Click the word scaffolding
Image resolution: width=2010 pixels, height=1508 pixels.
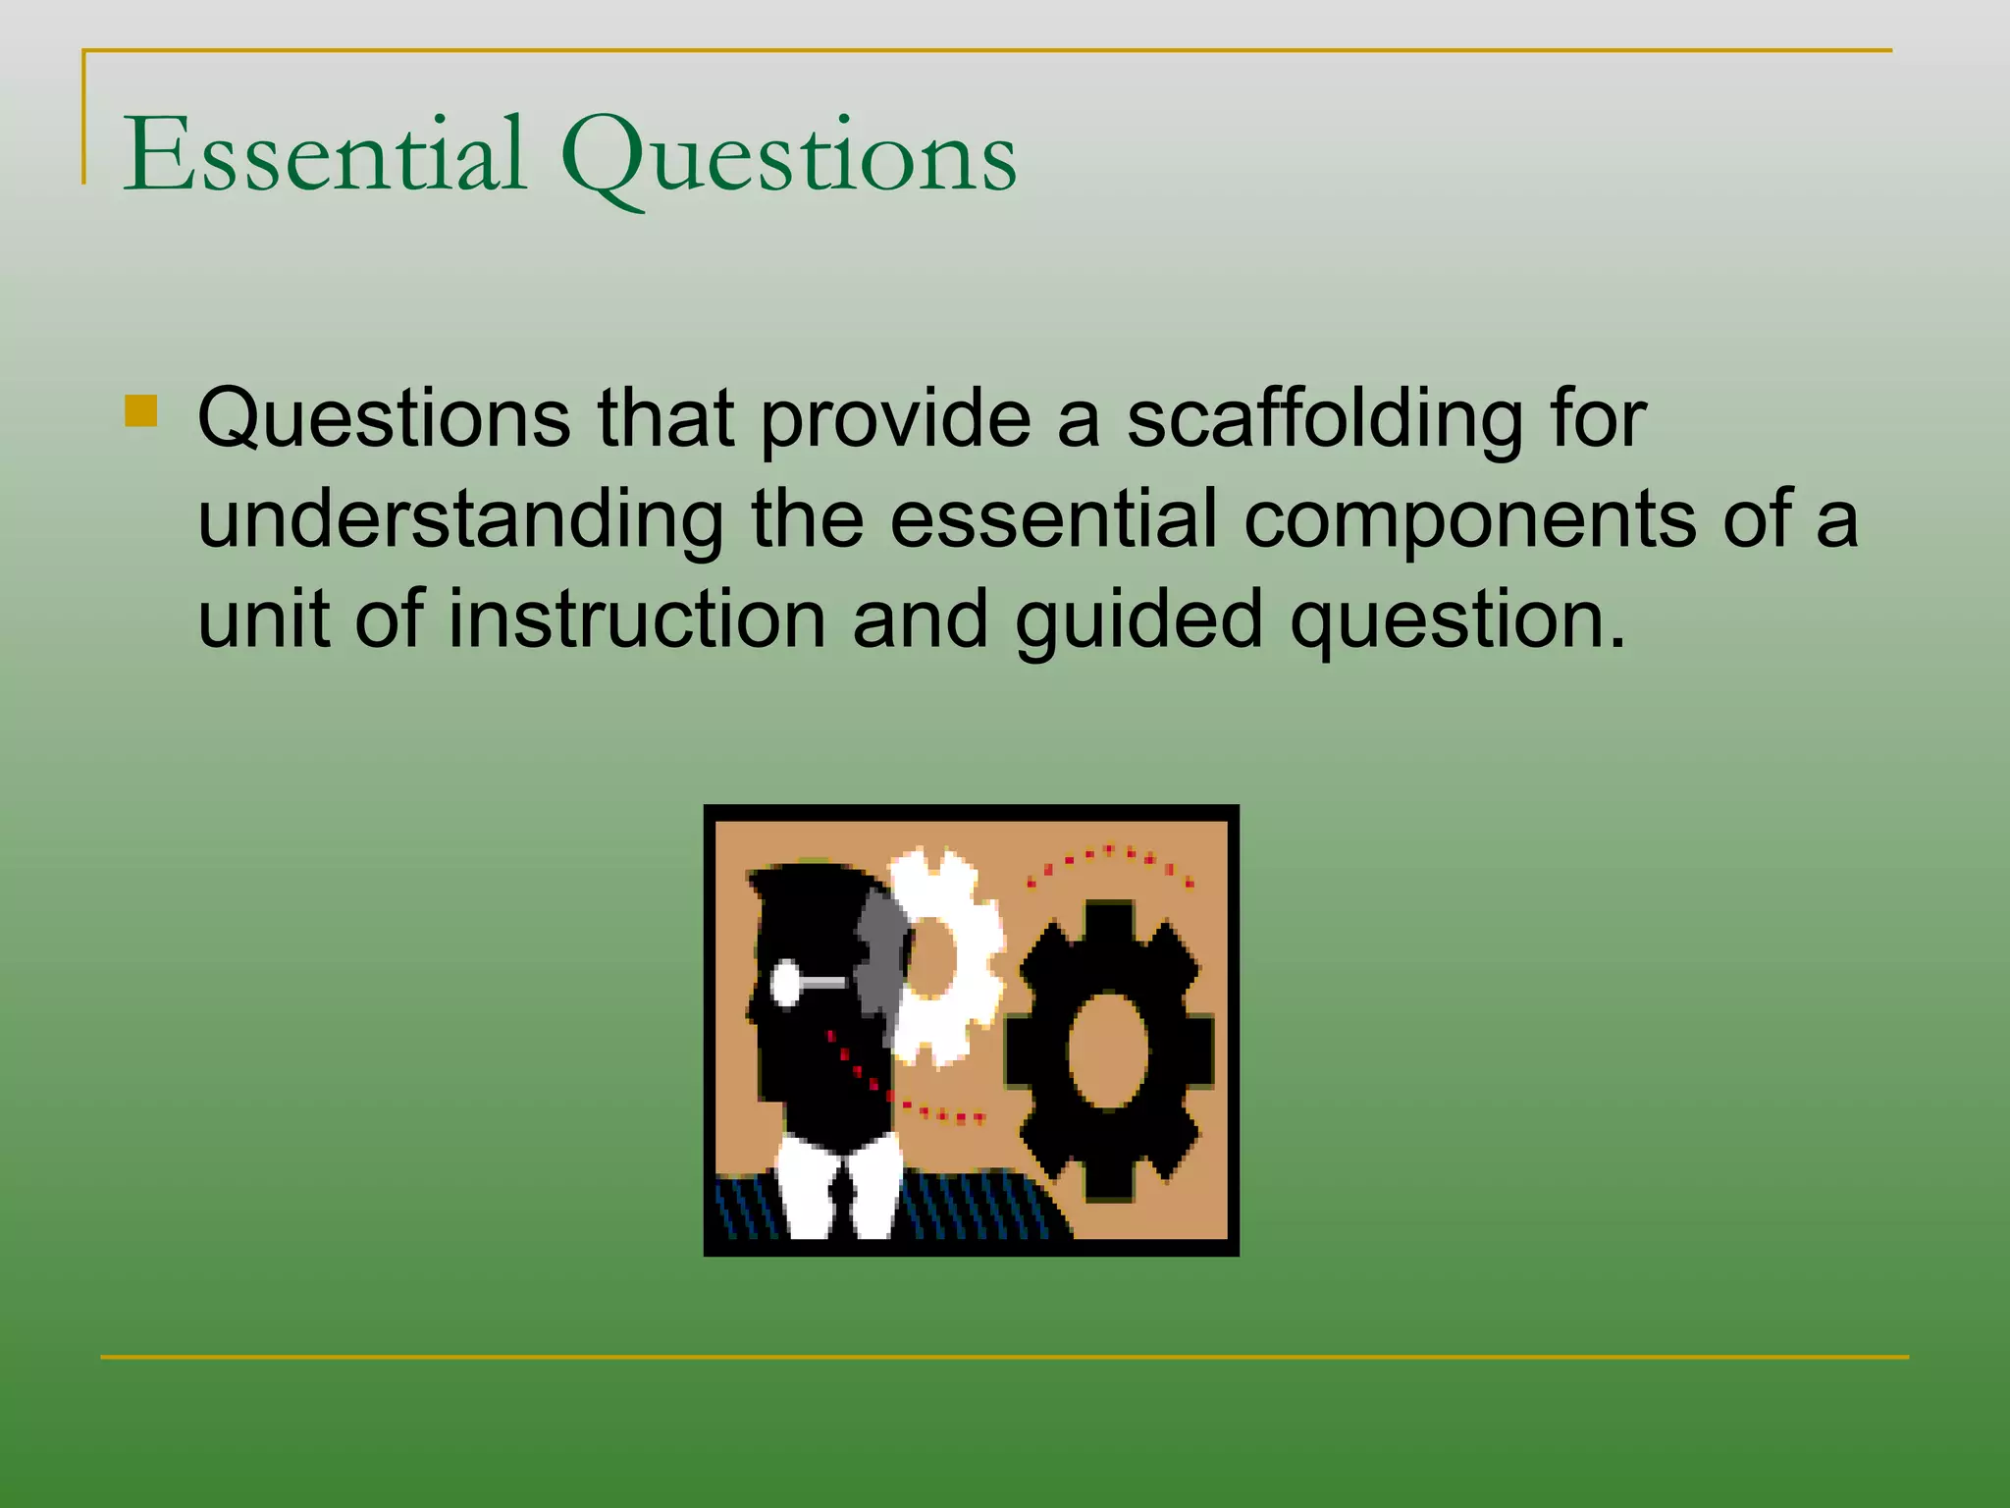[x=1326, y=419]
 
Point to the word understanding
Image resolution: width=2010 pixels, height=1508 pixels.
[x=461, y=521]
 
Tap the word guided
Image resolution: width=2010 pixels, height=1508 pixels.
[x=1138, y=620]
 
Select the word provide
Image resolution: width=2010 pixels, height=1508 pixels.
[x=896, y=419]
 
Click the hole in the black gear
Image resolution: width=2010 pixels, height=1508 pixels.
[x=1108, y=1050]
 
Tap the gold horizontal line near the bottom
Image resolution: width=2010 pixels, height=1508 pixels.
[x=1005, y=1358]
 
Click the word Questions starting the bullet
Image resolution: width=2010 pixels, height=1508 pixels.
[x=384, y=419]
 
